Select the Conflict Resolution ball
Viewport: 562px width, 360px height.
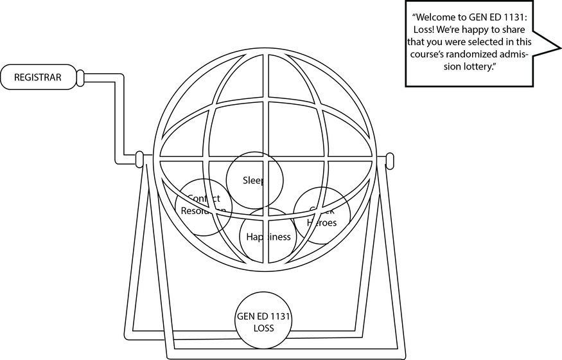click(x=203, y=205)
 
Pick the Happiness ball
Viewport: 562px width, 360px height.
click(x=268, y=237)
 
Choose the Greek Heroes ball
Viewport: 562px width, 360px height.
click(x=322, y=215)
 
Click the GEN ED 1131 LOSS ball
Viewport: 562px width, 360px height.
click(x=264, y=321)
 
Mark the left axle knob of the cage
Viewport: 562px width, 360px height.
click(x=139, y=159)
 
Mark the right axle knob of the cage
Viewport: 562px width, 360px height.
click(x=389, y=159)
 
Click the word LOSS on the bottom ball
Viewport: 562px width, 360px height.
click(x=264, y=328)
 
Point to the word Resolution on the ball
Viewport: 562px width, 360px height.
click(x=203, y=211)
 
